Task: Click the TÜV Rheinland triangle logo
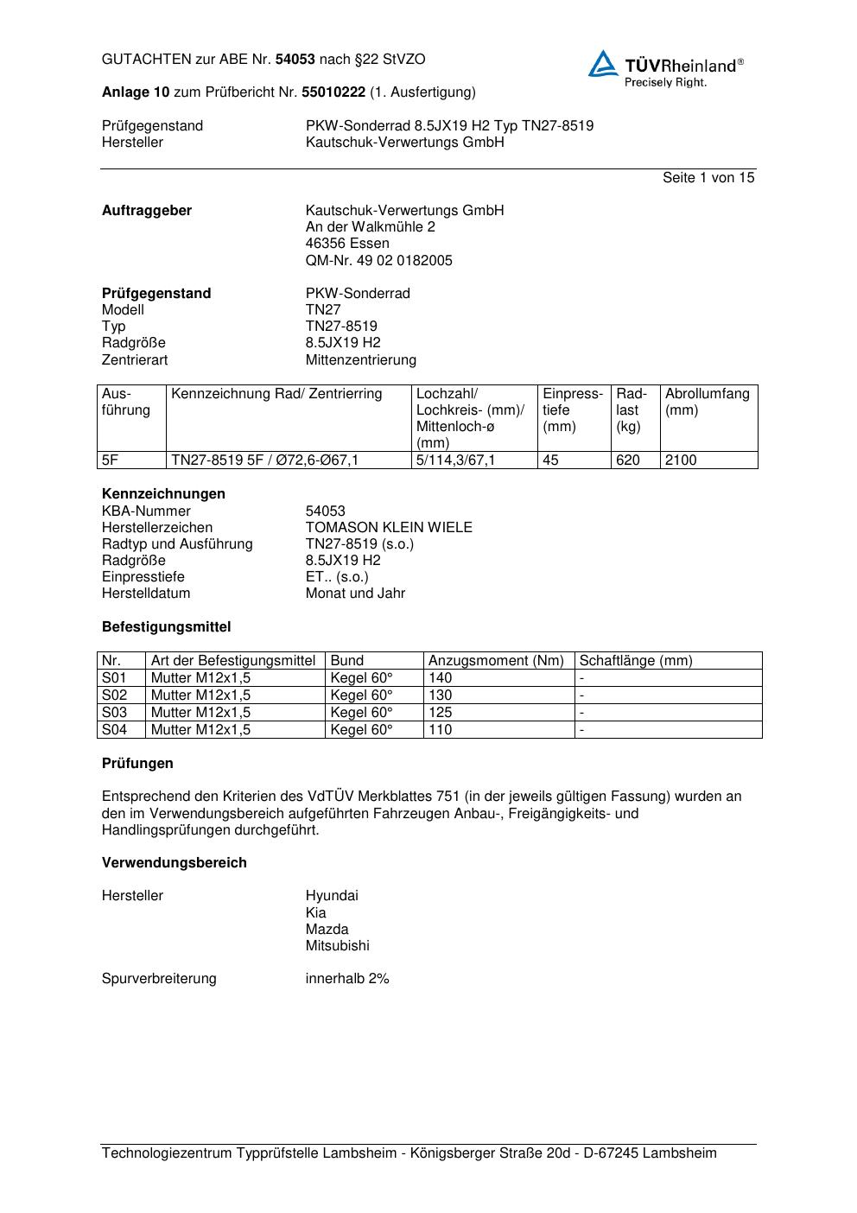(603, 64)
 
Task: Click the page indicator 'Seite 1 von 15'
(708, 177)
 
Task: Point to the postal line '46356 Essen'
(347, 244)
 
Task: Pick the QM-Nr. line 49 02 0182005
(378, 260)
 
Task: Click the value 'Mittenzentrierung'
(360, 359)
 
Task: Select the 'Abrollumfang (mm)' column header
(707, 402)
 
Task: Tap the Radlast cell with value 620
(628, 460)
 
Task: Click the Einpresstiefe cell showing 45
(550, 460)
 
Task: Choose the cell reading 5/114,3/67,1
(455, 460)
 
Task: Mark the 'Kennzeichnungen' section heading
(163, 494)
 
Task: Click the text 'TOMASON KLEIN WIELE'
(389, 527)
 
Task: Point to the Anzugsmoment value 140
(440, 678)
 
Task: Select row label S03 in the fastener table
(114, 713)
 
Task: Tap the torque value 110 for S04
(440, 730)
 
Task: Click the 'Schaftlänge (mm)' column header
(635, 661)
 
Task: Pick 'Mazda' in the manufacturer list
(327, 929)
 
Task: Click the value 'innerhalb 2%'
(347, 979)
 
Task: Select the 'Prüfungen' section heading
(137, 764)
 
